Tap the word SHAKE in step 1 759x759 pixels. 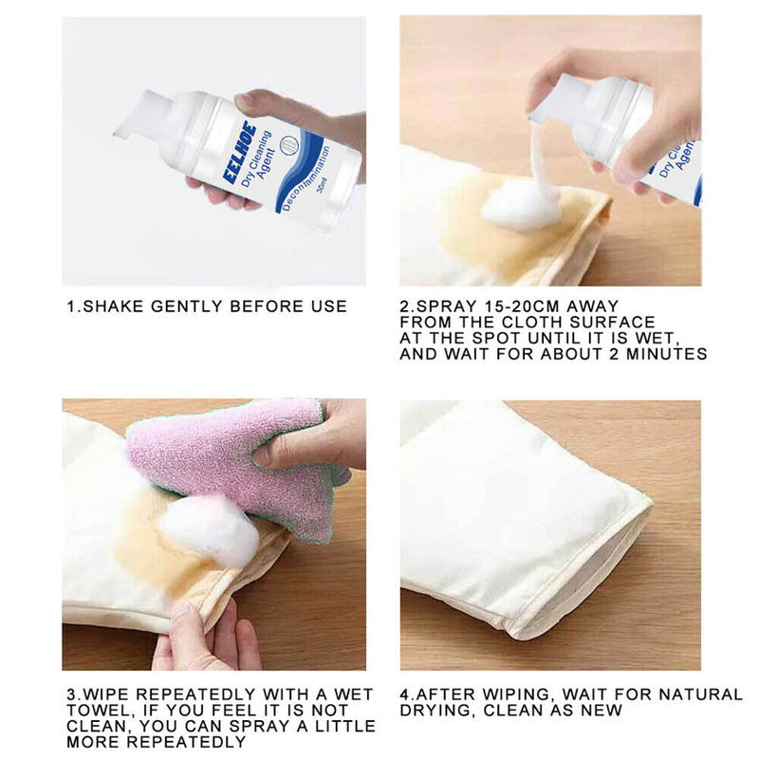(112, 306)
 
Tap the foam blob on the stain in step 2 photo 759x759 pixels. (520, 206)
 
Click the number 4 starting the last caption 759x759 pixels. (404, 694)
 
